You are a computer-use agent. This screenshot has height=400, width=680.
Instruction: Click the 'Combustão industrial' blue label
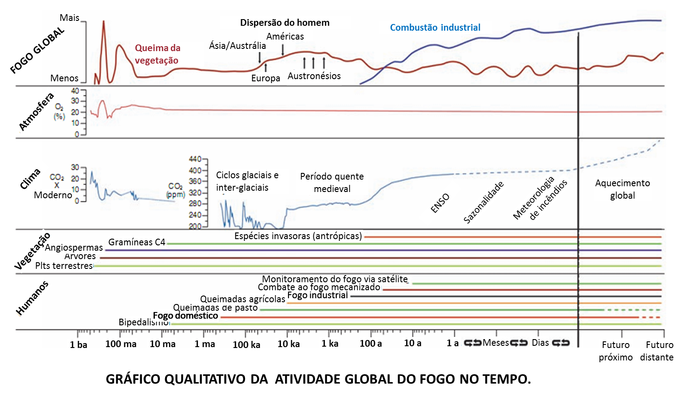point(435,28)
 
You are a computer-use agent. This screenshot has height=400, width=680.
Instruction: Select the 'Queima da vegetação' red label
point(157,54)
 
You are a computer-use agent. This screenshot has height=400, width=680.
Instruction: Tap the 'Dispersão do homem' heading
point(285,23)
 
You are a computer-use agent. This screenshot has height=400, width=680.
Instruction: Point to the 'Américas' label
point(285,36)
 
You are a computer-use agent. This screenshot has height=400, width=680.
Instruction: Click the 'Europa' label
point(265,78)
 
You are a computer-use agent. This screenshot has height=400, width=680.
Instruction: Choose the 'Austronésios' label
point(314,76)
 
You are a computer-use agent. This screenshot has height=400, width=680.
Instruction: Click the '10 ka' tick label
point(289,344)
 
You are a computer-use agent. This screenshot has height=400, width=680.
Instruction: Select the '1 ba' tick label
point(79,344)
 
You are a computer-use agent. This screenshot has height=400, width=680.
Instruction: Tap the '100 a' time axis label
point(371,344)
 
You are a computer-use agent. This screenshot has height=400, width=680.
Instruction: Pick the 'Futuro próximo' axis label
point(616,351)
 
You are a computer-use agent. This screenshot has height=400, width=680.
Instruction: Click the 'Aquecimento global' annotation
point(622,189)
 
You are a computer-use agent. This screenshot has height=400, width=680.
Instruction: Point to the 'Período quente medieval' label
point(332,183)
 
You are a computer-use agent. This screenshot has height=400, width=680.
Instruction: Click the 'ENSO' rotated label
point(440,203)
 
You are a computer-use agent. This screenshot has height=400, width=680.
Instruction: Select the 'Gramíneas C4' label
point(137,242)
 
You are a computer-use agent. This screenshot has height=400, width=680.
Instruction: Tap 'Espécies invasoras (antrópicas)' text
point(298,236)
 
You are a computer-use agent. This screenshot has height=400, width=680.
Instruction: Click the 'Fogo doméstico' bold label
point(186,316)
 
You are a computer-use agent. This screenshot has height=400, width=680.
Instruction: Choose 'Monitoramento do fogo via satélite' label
point(335,279)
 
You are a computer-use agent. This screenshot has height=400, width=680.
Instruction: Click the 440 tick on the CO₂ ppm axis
point(195,159)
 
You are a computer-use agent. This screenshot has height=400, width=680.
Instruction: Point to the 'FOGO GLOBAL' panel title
point(37,50)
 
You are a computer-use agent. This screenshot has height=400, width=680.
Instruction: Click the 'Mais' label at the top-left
point(69,18)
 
